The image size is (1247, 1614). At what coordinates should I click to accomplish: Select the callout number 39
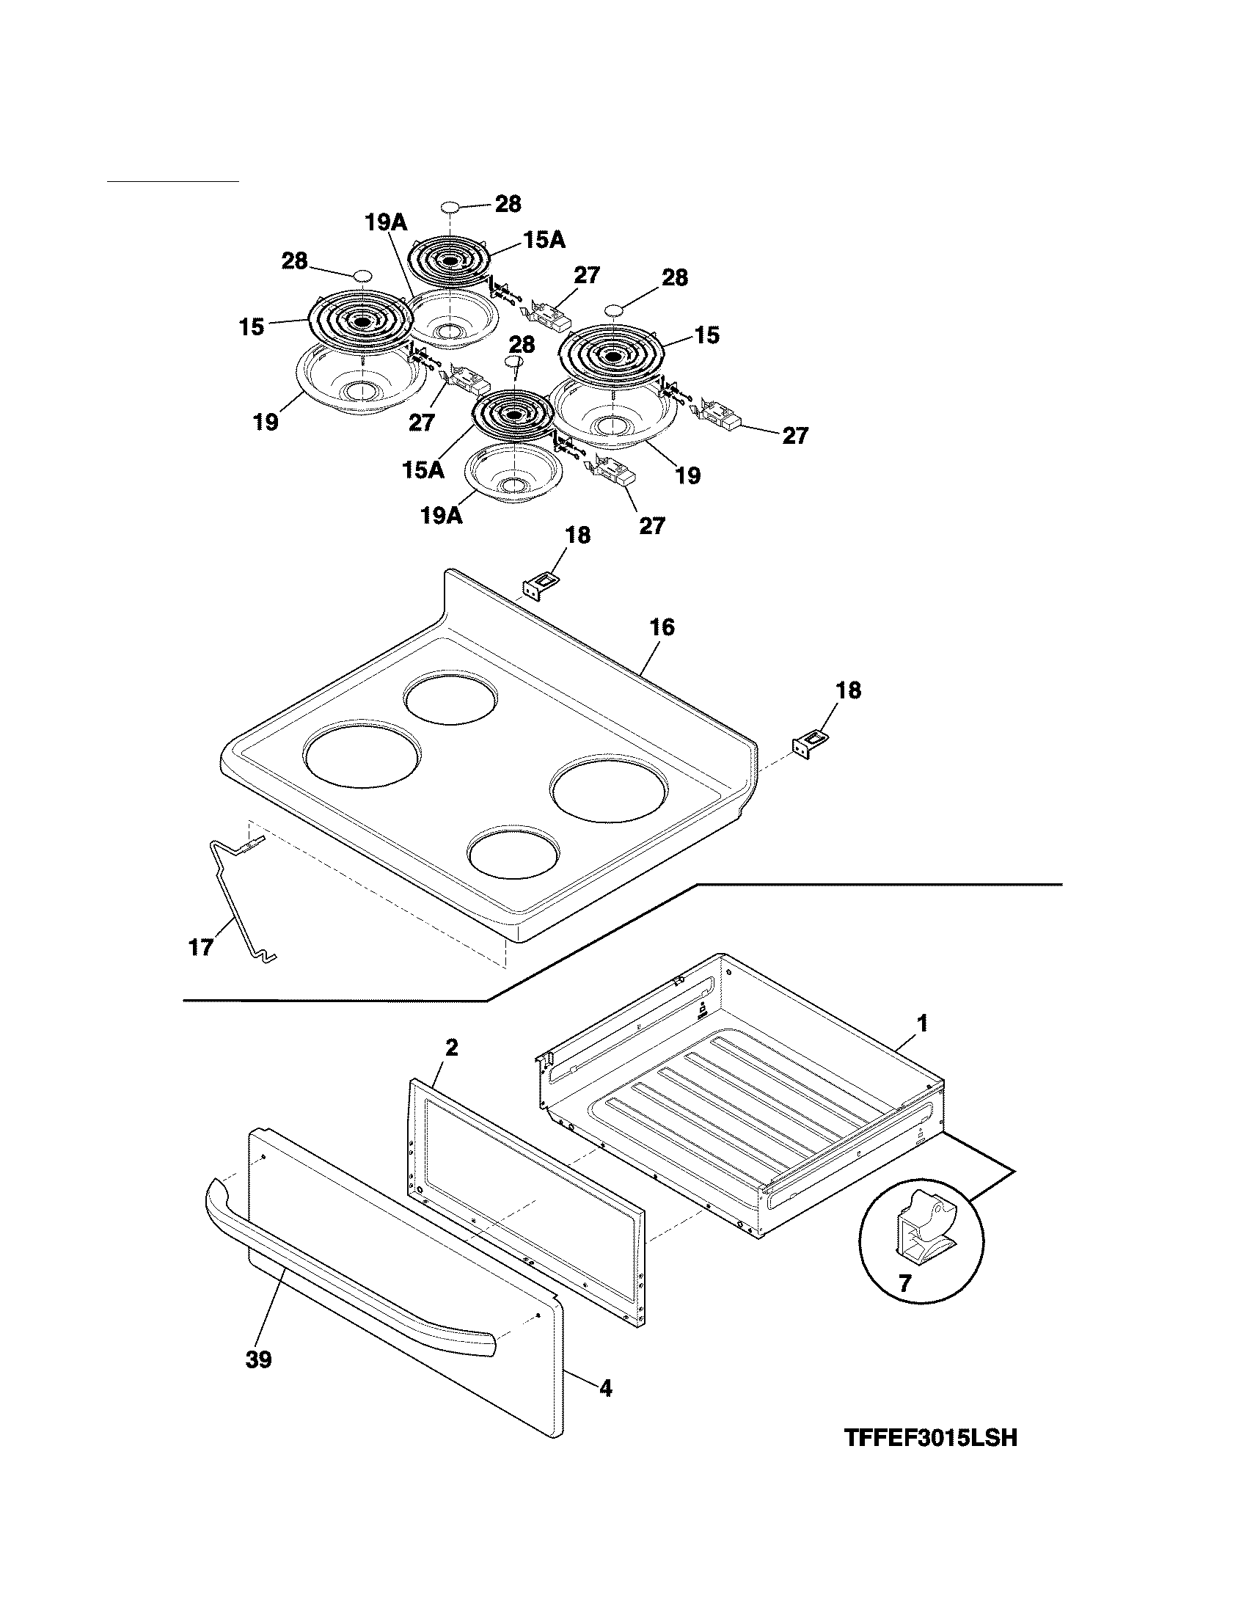pyautogui.click(x=258, y=1359)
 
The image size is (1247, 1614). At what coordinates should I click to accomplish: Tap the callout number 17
pyautogui.click(x=201, y=946)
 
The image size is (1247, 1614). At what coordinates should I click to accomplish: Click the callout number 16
pyautogui.click(x=662, y=627)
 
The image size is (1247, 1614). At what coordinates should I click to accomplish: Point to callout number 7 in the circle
pyautogui.click(x=905, y=1282)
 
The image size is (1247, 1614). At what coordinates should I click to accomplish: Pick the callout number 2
pyautogui.click(x=451, y=1047)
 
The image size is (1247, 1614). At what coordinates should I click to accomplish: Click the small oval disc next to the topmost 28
pyautogui.click(x=450, y=206)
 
